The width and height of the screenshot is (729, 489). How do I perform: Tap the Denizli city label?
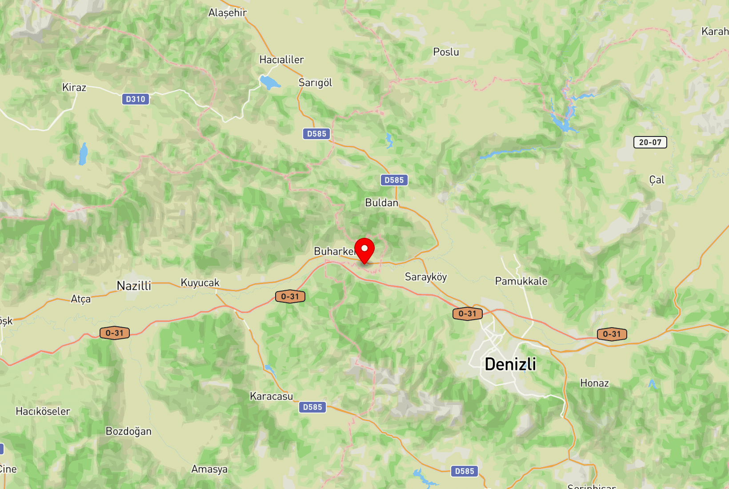pyautogui.click(x=510, y=364)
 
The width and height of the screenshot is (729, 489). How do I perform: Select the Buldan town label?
pyautogui.click(x=381, y=203)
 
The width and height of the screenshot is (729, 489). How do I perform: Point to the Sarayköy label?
pyautogui.click(x=425, y=277)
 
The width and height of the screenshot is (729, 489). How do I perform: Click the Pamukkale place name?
pyautogui.click(x=521, y=281)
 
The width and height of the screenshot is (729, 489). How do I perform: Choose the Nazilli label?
pyautogui.click(x=134, y=286)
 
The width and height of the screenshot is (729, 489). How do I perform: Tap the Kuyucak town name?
pyautogui.click(x=200, y=283)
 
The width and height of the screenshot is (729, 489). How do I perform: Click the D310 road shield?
pyautogui.click(x=136, y=99)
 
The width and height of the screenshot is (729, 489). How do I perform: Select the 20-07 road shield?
pyautogui.click(x=650, y=142)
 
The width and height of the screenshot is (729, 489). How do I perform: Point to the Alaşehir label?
pyautogui.click(x=228, y=13)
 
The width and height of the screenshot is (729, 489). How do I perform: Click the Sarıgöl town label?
pyautogui.click(x=315, y=83)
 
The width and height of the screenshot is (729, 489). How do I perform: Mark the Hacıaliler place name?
pyautogui.click(x=281, y=60)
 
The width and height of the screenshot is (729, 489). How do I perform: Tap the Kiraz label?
pyautogui.click(x=74, y=88)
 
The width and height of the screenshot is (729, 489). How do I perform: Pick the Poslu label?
pyautogui.click(x=446, y=52)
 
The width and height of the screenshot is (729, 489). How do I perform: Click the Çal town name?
pyautogui.click(x=657, y=180)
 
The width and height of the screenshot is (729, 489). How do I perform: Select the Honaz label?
pyautogui.click(x=594, y=383)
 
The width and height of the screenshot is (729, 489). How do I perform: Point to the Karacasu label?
pyautogui.click(x=271, y=396)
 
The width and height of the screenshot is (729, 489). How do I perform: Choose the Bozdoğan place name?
pyautogui.click(x=128, y=431)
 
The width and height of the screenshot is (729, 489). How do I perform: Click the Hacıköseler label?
pyautogui.click(x=43, y=411)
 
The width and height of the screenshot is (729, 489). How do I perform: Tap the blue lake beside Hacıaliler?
pyautogui.click(x=269, y=82)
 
